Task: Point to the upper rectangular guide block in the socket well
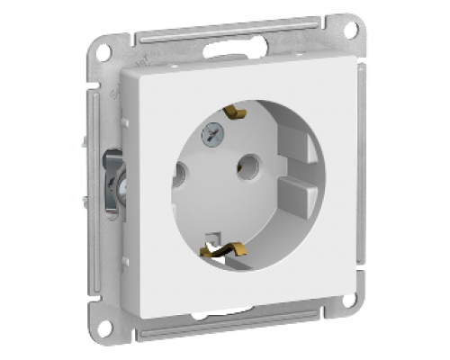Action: click(298, 142)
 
